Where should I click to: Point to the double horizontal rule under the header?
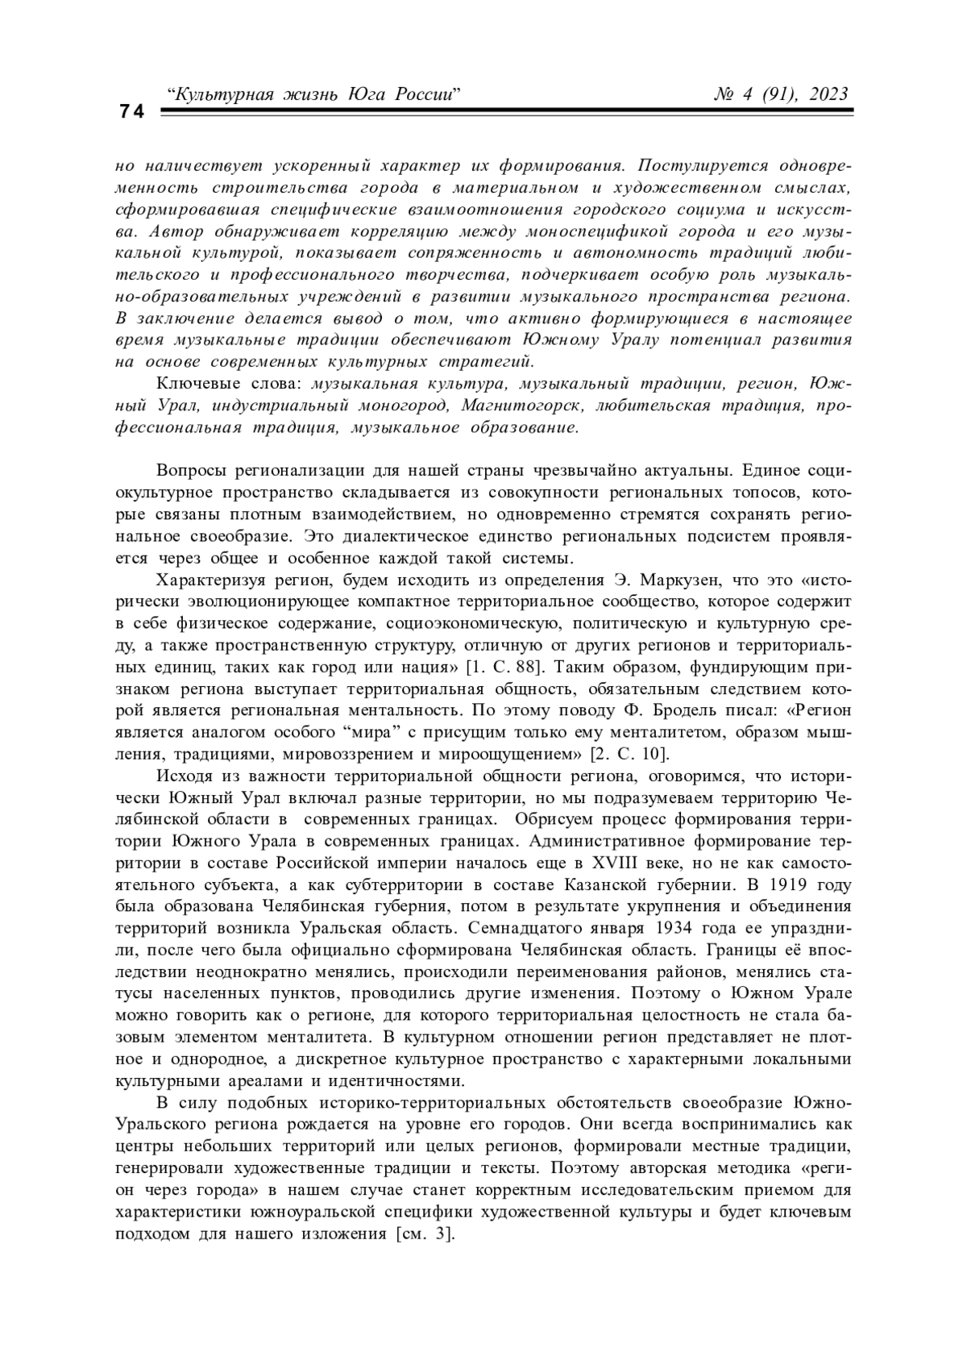(505, 116)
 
